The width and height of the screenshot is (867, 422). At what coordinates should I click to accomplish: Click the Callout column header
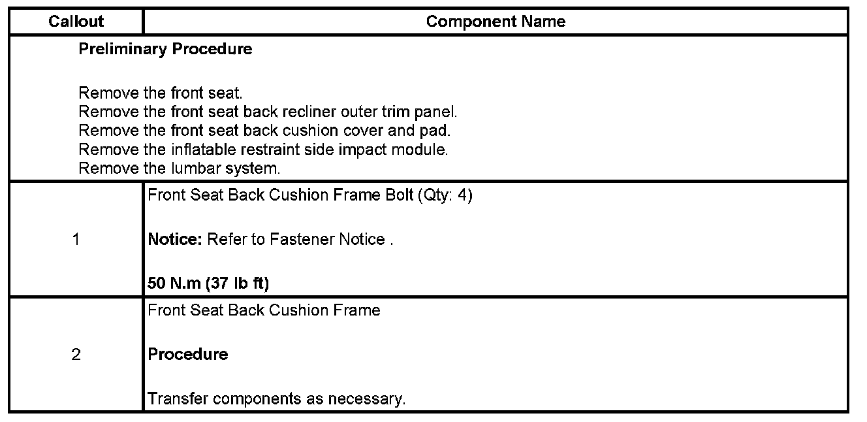(76, 22)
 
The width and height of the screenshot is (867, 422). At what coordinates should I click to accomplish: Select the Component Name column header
(496, 22)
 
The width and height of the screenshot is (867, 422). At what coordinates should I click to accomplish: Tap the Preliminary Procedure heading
(165, 49)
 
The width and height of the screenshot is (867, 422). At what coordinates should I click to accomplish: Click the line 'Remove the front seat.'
(161, 93)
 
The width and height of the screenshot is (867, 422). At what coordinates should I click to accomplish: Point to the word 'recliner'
(307, 112)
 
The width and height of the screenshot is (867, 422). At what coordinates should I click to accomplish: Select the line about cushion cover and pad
(264, 131)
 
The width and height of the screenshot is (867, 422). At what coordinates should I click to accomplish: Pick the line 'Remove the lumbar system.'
(179, 169)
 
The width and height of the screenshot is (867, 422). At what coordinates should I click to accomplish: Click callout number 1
(76, 240)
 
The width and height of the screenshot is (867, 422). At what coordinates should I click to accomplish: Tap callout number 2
(76, 355)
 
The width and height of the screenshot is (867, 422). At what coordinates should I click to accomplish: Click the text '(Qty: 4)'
(444, 196)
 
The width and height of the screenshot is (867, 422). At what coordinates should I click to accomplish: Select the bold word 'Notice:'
(175, 240)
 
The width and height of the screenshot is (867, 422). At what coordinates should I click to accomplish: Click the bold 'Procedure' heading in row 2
(188, 355)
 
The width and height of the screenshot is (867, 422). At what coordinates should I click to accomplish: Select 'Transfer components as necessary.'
(277, 398)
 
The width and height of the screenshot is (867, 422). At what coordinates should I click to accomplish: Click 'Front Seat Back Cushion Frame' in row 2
(264, 310)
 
